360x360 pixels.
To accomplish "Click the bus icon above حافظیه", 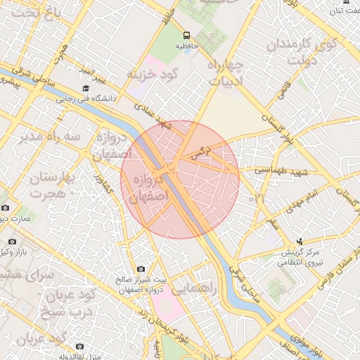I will (x=186, y=34).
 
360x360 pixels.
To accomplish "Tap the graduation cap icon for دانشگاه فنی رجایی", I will (x=86, y=89).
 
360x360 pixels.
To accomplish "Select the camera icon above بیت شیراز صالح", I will (x=141, y=269).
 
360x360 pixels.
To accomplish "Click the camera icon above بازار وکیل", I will (x=6, y=208).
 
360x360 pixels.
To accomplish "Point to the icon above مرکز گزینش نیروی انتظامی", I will (x=300, y=240).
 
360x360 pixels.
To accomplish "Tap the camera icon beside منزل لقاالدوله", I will (x=79, y=346).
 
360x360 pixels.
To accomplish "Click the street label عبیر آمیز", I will (x=91, y=71).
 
